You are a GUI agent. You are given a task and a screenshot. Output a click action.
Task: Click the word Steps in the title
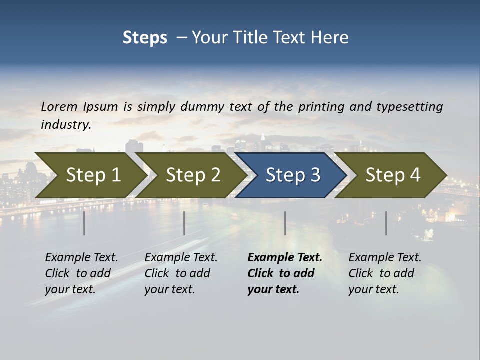pyautogui.click(x=145, y=38)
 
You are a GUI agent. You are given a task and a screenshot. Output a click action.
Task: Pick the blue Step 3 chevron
pyautogui.click(x=293, y=175)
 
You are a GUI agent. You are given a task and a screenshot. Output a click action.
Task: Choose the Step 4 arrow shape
pyautogui.click(x=393, y=175)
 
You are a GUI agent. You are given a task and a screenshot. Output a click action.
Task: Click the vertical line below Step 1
pyautogui.click(x=84, y=223)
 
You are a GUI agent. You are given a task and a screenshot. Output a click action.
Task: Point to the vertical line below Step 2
pyautogui.click(x=184, y=223)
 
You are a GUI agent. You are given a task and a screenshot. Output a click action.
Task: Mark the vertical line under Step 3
pyautogui.click(x=285, y=223)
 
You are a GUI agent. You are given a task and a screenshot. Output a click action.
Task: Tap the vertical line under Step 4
pyautogui.click(x=386, y=223)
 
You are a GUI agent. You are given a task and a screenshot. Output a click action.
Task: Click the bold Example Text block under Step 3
pyautogui.click(x=285, y=273)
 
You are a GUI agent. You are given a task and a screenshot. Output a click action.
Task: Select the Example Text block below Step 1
pyautogui.click(x=81, y=273)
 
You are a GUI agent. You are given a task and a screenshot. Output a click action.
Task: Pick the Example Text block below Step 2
pyautogui.click(x=181, y=273)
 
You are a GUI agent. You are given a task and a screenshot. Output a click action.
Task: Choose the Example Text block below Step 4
pyautogui.click(x=385, y=273)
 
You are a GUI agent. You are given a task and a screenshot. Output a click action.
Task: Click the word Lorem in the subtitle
pyautogui.click(x=59, y=107)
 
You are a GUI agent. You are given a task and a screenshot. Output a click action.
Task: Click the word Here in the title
pyautogui.click(x=331, y=38)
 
